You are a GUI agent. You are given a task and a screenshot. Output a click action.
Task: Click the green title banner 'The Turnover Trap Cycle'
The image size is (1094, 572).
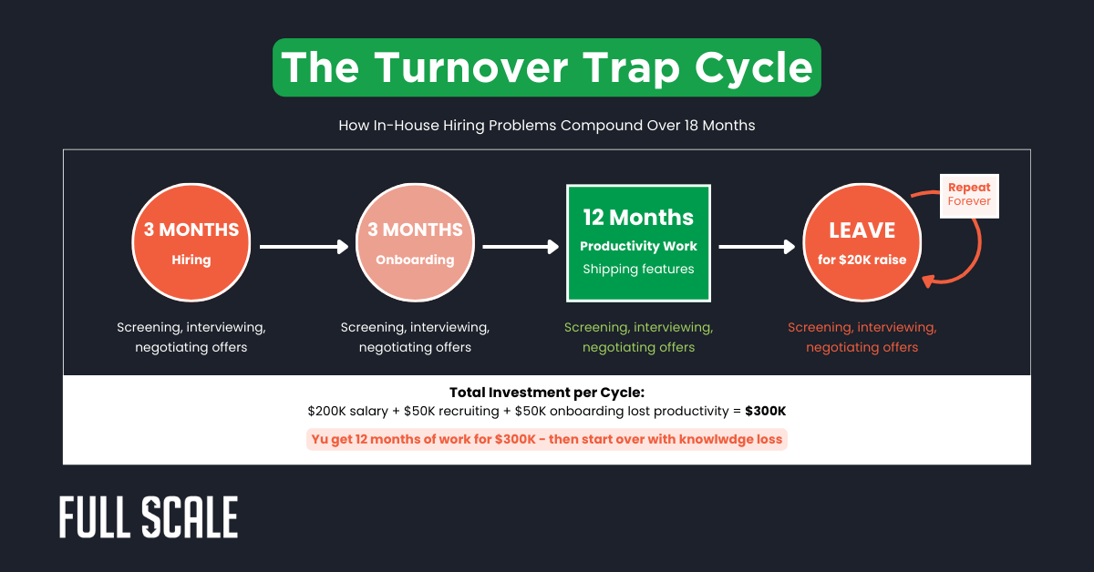(547, 67)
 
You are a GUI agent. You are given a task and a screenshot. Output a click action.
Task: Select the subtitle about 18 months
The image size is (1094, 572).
(547, 126)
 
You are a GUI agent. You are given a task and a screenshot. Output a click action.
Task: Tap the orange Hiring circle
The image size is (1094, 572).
(191, 242)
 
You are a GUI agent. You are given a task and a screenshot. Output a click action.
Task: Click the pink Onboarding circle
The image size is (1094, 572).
(415, 242)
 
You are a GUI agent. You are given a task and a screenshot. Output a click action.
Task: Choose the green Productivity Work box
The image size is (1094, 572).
(638, 242)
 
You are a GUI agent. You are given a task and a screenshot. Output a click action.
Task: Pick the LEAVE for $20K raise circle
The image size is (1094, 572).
(862, 242)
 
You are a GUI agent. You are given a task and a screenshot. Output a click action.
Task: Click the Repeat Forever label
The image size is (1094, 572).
(969, 195)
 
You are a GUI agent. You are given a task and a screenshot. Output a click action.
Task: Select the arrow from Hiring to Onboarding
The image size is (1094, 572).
(304, 246)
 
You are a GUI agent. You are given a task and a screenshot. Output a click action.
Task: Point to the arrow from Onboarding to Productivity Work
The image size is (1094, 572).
(520, 246)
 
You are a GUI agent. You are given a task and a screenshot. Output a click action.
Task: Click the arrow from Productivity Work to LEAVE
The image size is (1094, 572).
(756, 246)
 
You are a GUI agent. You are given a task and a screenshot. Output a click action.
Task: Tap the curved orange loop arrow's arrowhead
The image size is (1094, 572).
(930, 281)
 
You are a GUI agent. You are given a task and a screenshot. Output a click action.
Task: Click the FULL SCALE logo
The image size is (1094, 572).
(149, 517)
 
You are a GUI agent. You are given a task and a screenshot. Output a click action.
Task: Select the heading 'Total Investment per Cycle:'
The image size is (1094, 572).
(547, 393)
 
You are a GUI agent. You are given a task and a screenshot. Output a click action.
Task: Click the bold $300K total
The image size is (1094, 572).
(765, 412)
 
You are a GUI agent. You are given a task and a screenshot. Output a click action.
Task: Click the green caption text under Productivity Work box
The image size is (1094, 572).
(638, 337)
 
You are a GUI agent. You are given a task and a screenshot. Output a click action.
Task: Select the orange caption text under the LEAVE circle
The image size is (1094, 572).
(862, 337)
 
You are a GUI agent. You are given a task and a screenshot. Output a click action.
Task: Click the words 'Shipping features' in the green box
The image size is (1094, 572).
(638, 269)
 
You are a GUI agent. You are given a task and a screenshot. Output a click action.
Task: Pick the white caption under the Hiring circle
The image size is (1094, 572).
(191, 337)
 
